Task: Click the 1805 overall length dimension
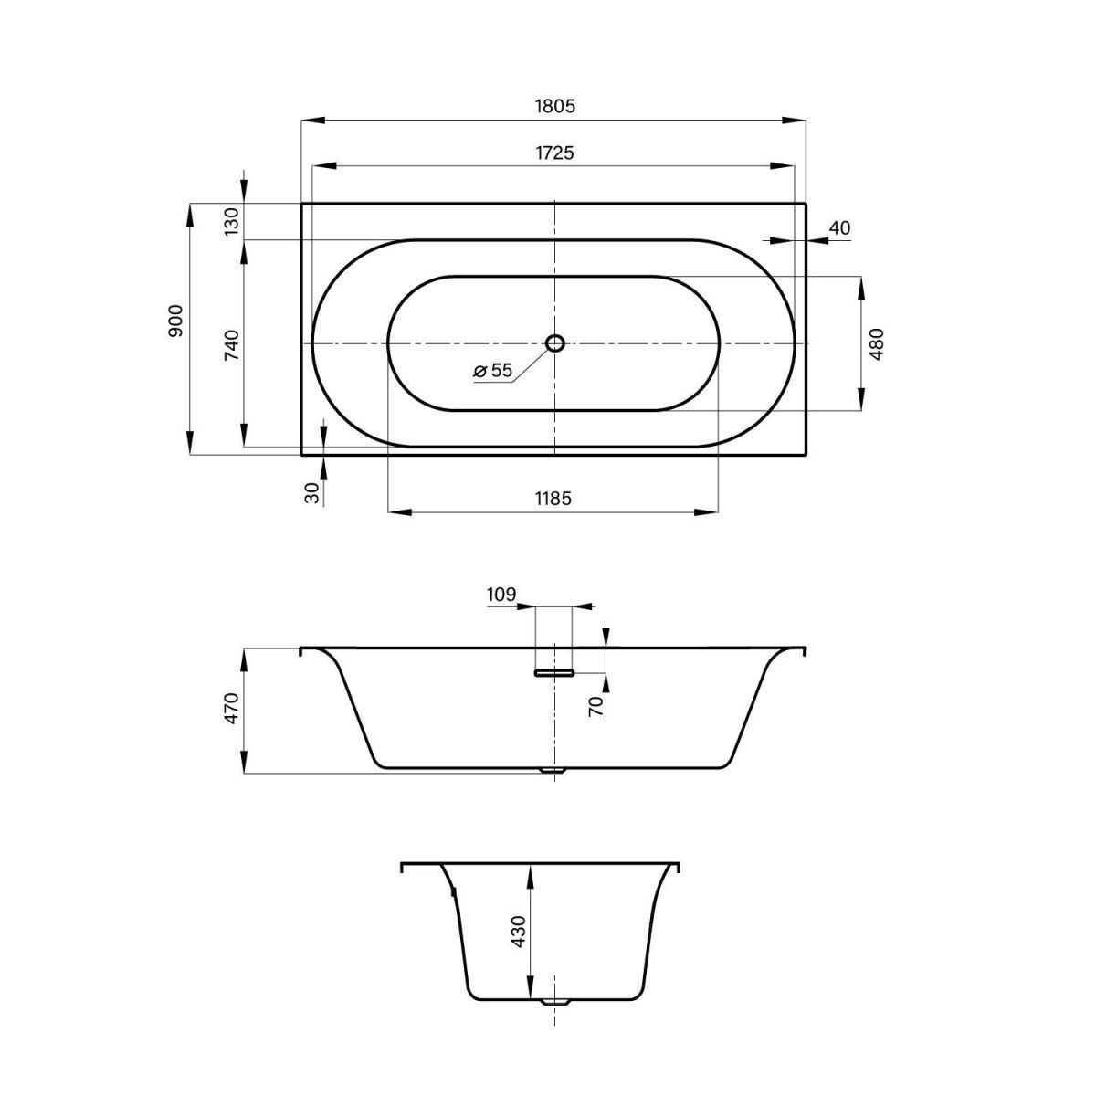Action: click(x=554, y=106)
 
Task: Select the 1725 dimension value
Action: click(x=554, y=153)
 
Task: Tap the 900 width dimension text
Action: click(x=176, y=321)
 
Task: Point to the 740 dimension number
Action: click(x=232, y=344)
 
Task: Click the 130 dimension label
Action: click(x=232, y=222)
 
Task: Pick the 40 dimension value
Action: click(x=839, y=227)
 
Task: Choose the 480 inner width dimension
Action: click(x=877, y=343)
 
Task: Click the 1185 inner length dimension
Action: click(x=553, y=499)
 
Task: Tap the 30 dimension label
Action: click(x=312, y=492)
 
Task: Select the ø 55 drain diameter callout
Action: click(x=493, y=370)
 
